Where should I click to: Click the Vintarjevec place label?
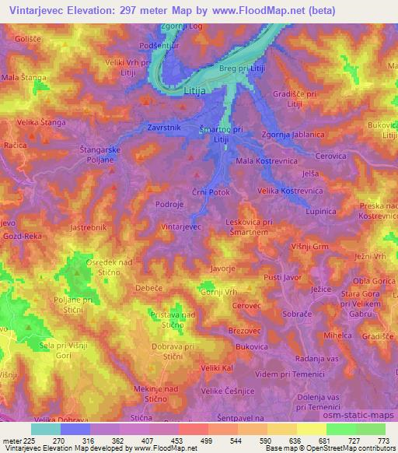point(181,226)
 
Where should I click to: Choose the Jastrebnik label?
point(86,228)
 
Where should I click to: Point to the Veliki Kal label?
point(217,367)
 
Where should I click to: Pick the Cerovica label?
point(330,156)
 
